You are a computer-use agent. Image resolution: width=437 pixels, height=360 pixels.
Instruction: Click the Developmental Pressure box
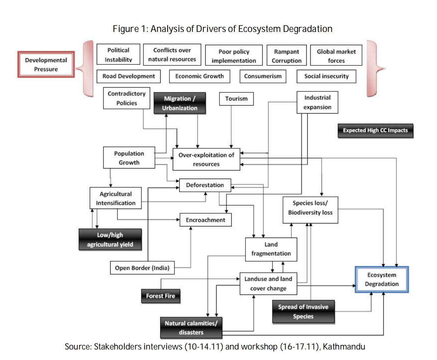tap(46, 64)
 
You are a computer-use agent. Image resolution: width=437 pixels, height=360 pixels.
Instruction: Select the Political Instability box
tap(118, 55)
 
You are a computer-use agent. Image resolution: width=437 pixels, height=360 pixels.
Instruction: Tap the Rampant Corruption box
tap(286, 56)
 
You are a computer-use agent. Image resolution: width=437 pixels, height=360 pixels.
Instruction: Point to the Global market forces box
tap(336, 56)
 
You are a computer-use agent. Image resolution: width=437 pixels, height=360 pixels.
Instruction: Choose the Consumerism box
tap(263, 76)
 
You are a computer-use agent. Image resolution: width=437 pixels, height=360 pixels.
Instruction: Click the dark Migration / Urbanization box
tap(180, 103)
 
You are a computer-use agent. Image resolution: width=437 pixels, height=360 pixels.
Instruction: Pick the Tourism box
tap(236, 99)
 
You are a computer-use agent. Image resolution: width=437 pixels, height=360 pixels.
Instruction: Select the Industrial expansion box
tap(317, 102)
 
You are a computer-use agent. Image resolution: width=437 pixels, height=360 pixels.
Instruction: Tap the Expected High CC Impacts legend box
tap(375, 130)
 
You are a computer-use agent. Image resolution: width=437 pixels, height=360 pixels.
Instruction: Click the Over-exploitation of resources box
tap(206, 159)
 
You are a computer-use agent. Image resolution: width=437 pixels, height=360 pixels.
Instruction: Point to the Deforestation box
tap(205, 185)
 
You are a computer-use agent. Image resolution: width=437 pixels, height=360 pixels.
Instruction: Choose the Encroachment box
tap(205, 220)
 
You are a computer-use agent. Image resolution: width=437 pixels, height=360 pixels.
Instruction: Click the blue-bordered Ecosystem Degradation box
tap(382, 279)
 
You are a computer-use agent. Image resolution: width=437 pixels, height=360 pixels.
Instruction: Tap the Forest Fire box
tap(161, 296)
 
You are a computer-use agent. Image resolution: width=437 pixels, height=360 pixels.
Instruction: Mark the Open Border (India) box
tap(142, 268)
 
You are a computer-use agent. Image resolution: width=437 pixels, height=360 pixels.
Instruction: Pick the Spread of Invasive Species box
tap(303, 312)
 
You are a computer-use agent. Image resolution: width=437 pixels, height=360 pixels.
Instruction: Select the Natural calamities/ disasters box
tap(191, 328)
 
